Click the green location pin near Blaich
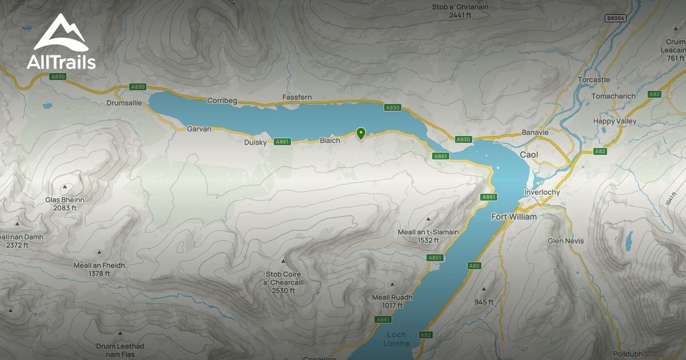pos(361,133)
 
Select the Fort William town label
pos(514,217)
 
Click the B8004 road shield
pos(615,18)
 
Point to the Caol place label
pos(529,155)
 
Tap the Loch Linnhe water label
pos(396,339)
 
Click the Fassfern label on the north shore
pos(297,98)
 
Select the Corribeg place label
pos(222,100)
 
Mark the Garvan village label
pos(199,129)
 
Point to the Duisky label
pos(255,142)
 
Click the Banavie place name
pos(535,133)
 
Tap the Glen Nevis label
pos(566,241)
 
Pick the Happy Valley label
pos(614,121)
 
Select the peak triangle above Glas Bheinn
pos(65,187)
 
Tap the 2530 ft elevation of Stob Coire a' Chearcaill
pos(284,291)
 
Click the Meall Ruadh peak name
pos(392,298)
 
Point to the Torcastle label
pos(594,79)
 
